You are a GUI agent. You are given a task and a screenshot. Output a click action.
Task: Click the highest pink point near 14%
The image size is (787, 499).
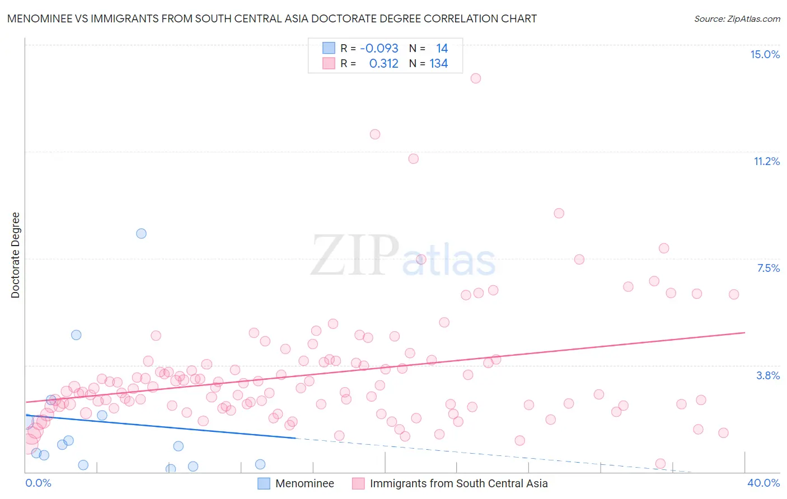coord(476,78)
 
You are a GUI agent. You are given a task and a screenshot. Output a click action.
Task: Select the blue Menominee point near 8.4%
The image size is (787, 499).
coord(142,233)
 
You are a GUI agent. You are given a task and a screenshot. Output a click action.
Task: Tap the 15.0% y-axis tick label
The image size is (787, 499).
coord(765,54)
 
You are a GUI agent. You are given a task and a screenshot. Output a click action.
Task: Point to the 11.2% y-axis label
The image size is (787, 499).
coord(766,161)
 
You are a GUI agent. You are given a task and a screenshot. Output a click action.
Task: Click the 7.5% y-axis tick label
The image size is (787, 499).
coord(768,268)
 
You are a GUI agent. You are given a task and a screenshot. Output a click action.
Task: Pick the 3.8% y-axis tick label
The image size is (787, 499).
coord(768,375)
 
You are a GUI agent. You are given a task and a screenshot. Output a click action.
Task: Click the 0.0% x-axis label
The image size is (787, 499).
coord(38,483)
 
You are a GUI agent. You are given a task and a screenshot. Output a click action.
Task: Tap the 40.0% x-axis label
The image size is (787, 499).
coord(763,483)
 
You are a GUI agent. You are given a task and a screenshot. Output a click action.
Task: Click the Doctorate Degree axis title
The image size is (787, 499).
coord(15,255)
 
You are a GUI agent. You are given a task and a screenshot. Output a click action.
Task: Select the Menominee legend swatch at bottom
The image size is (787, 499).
coord(264,483)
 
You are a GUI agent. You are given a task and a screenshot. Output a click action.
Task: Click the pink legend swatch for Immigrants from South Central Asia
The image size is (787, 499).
coord(358,483)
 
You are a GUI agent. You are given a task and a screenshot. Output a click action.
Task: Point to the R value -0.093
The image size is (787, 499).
coord(379,49)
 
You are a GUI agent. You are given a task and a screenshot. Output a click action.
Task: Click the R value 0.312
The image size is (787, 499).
coord(383,64)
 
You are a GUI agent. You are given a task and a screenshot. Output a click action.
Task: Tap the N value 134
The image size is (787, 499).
coord(438,64)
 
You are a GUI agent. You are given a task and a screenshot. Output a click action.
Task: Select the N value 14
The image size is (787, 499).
coord(442,49)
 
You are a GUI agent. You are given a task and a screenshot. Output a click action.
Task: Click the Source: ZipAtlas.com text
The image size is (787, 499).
coord(737,19)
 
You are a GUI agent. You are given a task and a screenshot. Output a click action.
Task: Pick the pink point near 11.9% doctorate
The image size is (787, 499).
coord(375,134)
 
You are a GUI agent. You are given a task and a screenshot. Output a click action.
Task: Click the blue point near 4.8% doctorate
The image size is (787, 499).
coord(76,335)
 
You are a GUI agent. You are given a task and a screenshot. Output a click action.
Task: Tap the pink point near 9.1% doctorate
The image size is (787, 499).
coord(559,213)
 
